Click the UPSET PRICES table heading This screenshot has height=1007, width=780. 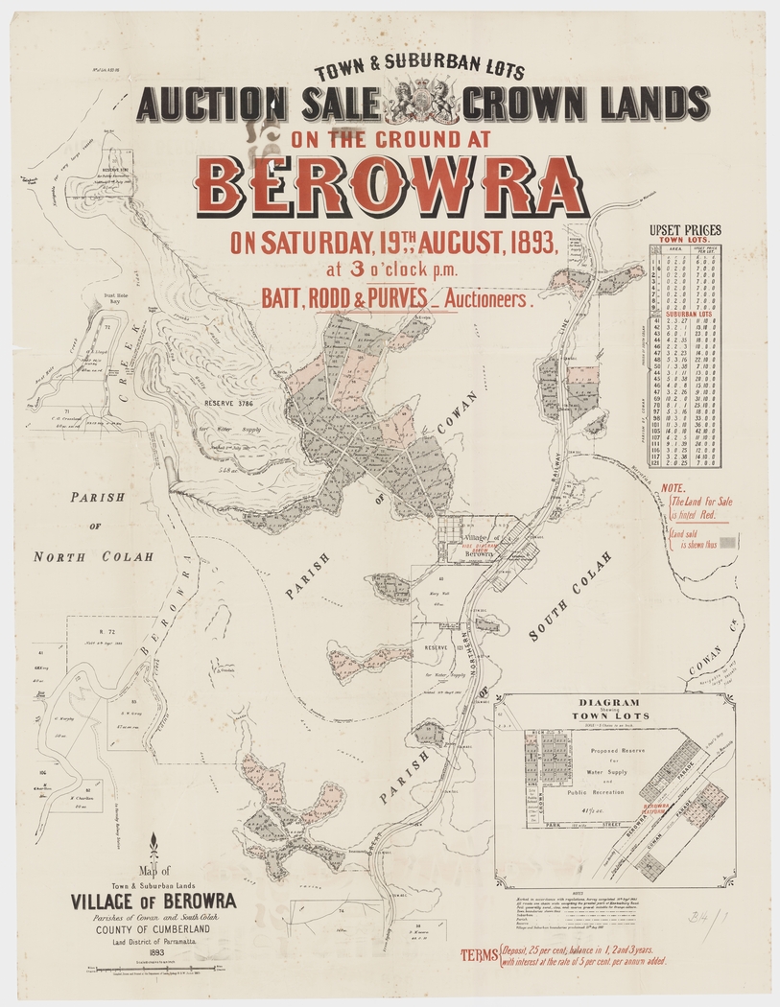[x=685, y=230]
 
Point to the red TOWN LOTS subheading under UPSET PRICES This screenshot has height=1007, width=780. [x=684, y=241]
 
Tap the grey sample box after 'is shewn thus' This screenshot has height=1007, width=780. [x=728, y=543]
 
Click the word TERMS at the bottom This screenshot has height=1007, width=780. [x=478, y=955]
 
